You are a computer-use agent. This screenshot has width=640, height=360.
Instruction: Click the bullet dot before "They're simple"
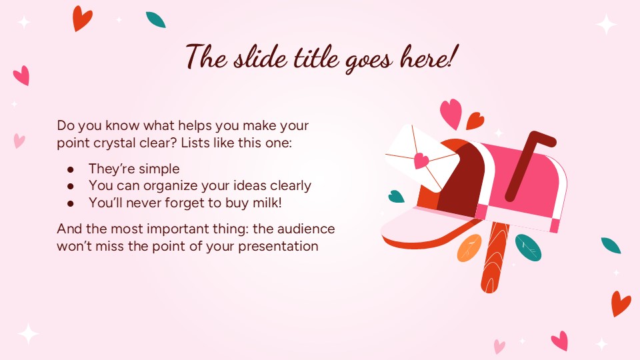coord(71,169)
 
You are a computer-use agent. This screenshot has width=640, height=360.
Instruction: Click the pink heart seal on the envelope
coord(421,161)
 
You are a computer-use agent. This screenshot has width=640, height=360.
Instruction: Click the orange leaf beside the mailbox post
coord(469,247)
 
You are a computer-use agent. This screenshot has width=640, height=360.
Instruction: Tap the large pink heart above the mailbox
coord(451,113)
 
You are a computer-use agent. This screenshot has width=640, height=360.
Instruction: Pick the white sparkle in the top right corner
coord(607,25)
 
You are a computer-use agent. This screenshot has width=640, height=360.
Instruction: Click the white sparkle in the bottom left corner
coord(28,333)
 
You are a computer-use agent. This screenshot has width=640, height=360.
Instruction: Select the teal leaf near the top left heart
coord(155,19)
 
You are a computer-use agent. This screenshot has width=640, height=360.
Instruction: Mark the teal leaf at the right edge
coord(611,245)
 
